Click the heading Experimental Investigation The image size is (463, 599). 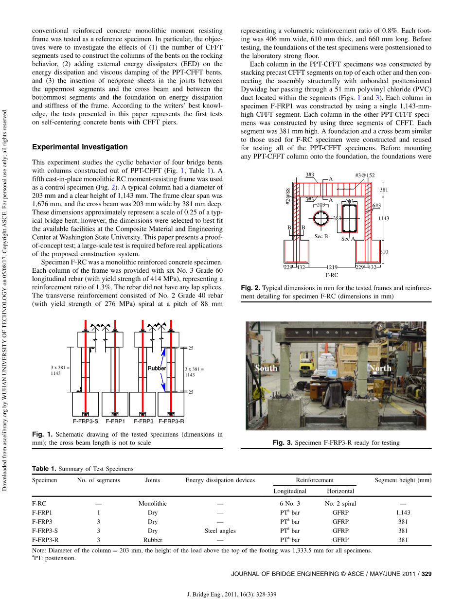click(80, 147)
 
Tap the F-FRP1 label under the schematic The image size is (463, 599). click(115, 421)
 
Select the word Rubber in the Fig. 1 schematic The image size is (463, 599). click(157, 368)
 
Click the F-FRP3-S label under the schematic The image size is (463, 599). click(85, 421)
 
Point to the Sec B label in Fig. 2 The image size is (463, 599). click(321, 236)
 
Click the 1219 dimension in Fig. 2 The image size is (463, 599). click(332, 267)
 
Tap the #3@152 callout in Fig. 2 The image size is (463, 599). click(365, 175)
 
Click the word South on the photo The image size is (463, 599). click(266, 368)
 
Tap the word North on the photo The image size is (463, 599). click(380, 368)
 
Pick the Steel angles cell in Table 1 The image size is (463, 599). click(220, 531)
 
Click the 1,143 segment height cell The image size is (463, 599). click(403, 512)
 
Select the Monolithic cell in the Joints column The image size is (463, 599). click(152, 504)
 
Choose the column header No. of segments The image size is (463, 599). click(98, 480)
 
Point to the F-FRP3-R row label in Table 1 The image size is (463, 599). click(45, 540)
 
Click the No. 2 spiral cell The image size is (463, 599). click(340, 504)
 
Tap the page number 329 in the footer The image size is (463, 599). click(427, 574)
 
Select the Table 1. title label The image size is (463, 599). click(44, 469)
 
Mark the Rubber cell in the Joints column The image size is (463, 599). click(152, 540)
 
